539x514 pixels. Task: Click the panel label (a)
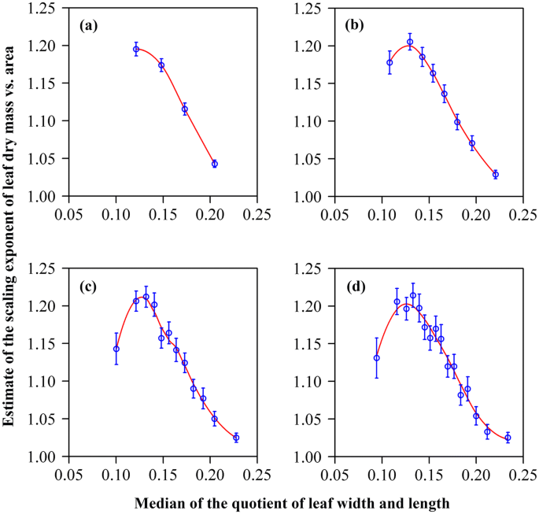pyautogui.click(x=89, y=25)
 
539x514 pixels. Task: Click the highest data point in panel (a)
pyautogui.click(x=136, y=49)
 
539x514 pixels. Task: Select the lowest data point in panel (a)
pyautogui.click(x=214, y=164)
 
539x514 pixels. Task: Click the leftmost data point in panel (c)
pyautogui.click(x=116, y=349)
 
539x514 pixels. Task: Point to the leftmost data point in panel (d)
pyautogui.click(x=377, y=357)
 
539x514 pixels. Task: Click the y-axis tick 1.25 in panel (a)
pyautogui.click(x=46, y=9)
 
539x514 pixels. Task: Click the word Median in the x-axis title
pyautogui.click(x=159, y=501)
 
